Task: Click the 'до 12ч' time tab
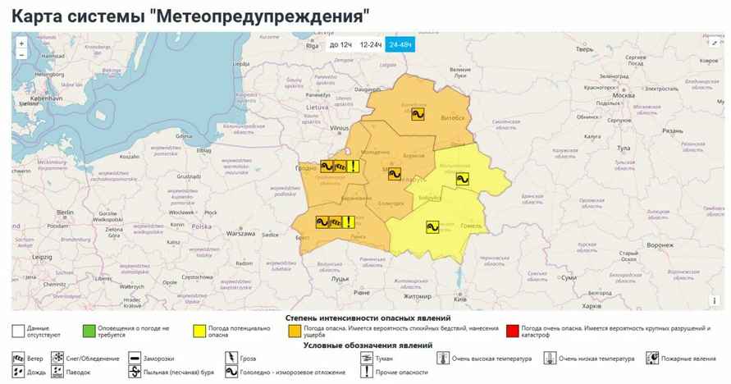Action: (340, 44)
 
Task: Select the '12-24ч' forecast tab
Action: (372, 44)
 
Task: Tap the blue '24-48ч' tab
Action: (401, 44)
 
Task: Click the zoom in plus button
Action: (21, 42)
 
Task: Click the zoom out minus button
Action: (21, 54)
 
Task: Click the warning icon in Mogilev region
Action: (462, 180)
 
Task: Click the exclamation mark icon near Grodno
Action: (353, 167)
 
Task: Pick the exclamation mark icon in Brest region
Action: (349, 221)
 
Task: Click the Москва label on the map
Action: (623, 95)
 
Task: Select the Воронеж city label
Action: (659, 245)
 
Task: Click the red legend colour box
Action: (513, 331)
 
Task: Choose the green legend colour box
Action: (88, 331)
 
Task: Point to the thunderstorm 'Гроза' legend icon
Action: (232, 359)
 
